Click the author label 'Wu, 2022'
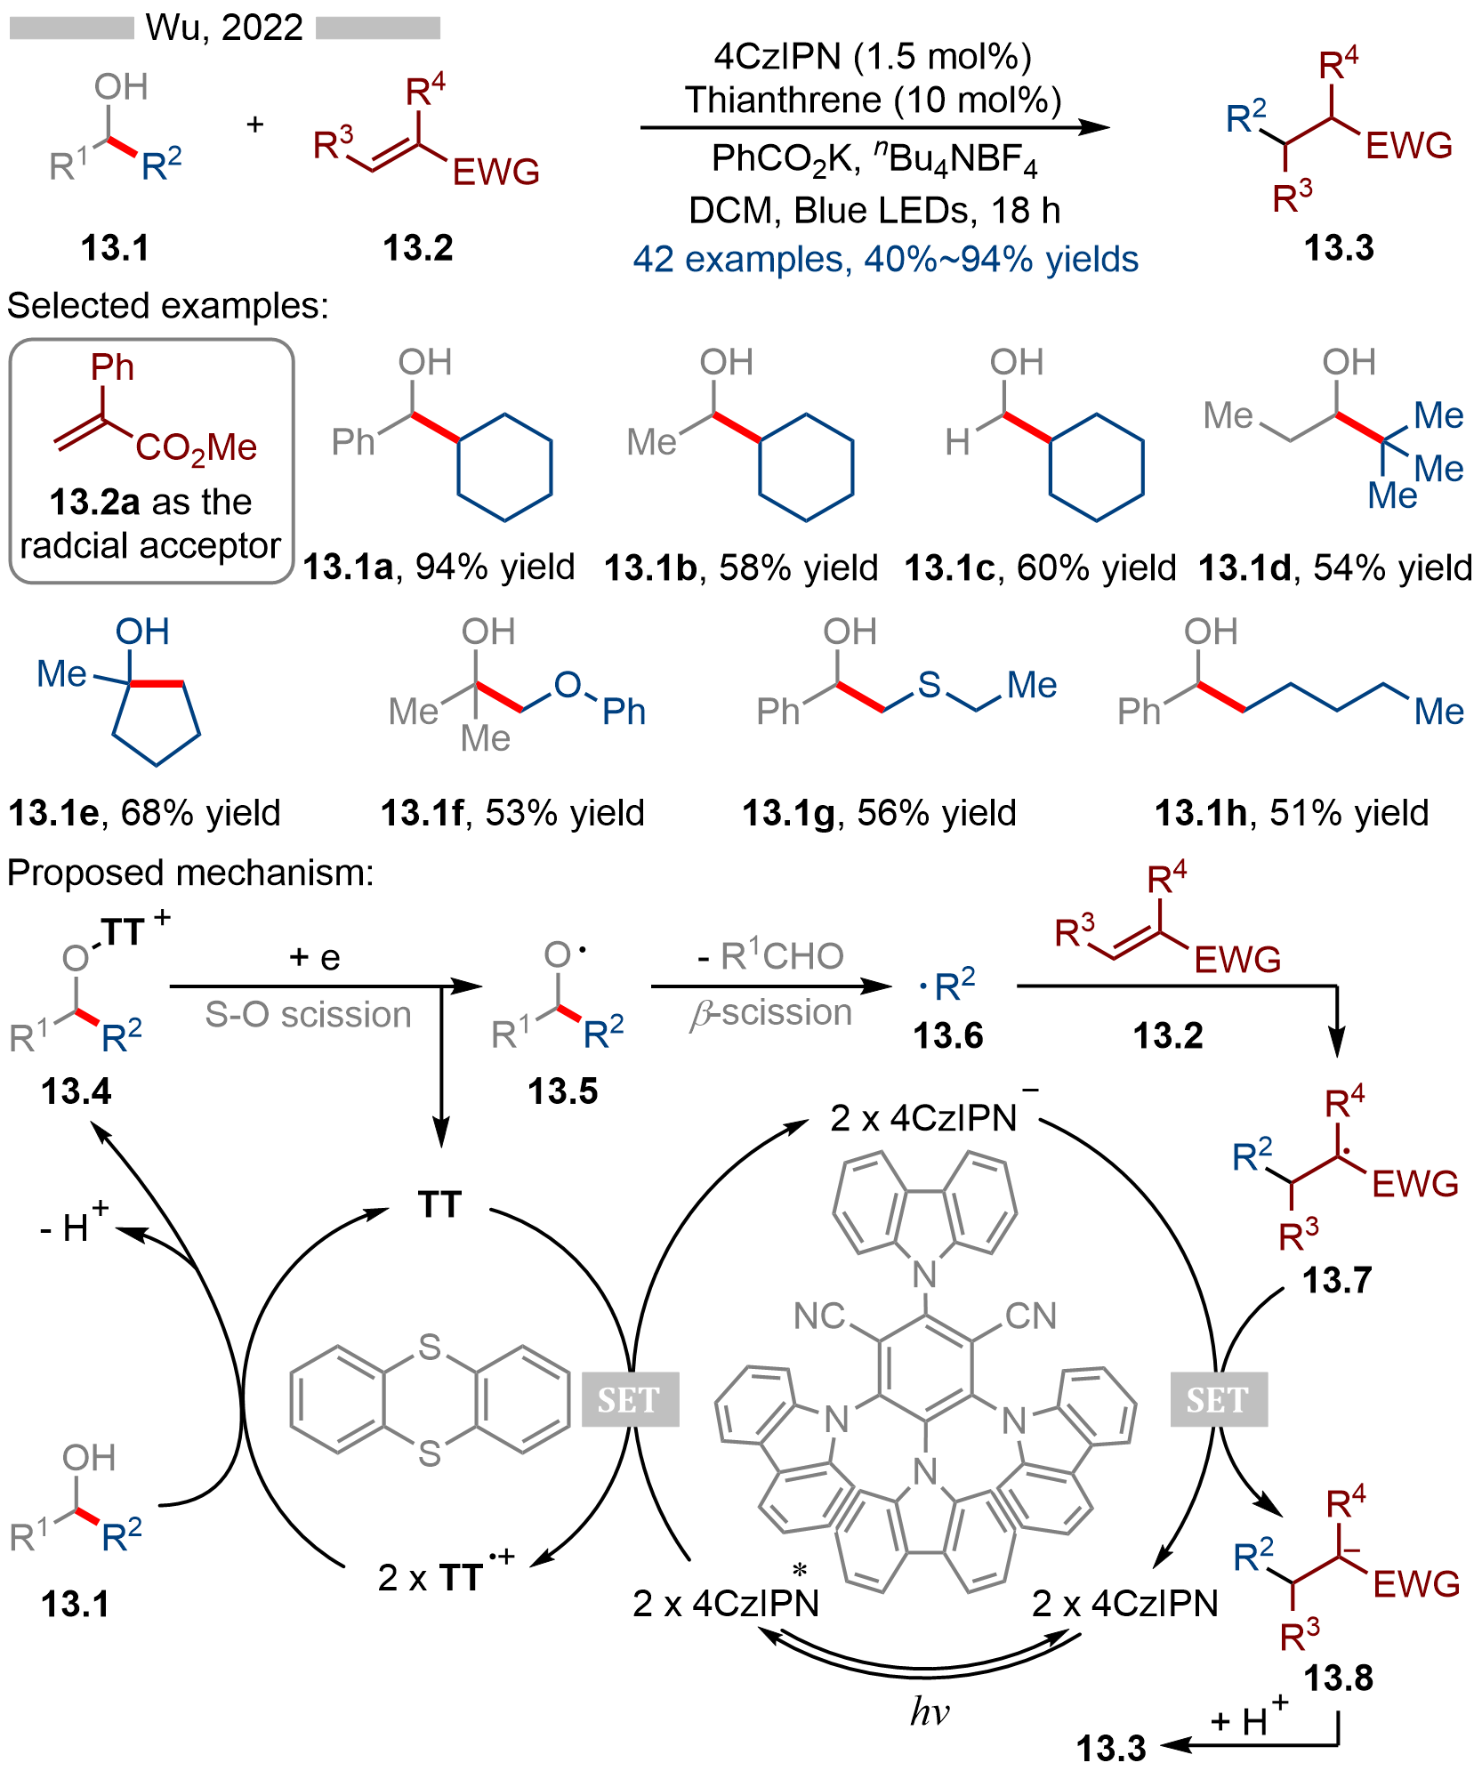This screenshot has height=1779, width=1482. [x=224, y=28]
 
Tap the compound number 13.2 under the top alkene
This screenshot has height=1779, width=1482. [x=417, y=247]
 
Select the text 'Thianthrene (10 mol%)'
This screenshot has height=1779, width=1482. [x=873, y=100]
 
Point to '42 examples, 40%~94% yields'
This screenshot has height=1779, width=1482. [x=885, y=260]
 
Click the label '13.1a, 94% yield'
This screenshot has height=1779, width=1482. [x=439, y=567]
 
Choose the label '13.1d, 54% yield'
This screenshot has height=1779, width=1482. [x=1334, y=568]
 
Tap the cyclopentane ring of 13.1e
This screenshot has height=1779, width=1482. [x=156, y=720]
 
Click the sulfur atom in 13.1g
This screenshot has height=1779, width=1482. [x=929, y=685]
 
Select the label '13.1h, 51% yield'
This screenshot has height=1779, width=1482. [x=1291, y=812]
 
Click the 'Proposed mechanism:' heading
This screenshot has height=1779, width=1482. [x=190, y=873]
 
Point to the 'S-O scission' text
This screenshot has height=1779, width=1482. [x=308, y=1014]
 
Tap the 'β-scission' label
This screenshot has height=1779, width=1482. [x=770, y=1013]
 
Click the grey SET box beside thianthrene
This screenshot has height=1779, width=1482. [x=630, y=1399]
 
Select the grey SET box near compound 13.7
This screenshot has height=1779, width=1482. [x=1218, y=1399]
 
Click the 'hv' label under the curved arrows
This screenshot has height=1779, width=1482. [x=929, y=1711]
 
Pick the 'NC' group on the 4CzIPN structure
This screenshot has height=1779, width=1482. [x=819, y=1316]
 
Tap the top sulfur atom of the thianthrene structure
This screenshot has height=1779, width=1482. [x=430, y=1348]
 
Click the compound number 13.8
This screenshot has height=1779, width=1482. [x=1338, y=1678]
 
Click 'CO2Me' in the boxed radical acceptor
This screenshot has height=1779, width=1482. [x=196, y=447]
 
